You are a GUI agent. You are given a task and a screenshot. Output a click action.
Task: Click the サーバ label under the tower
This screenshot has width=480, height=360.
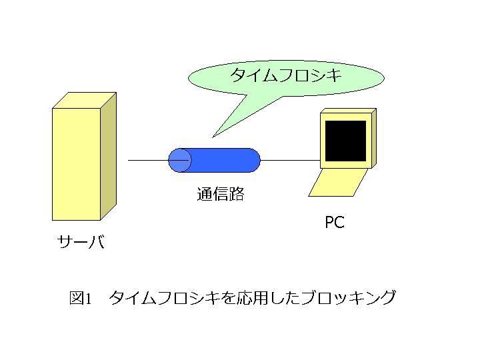coord(81,241)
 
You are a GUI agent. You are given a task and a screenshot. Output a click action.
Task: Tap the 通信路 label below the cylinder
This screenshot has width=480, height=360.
coord(221,194)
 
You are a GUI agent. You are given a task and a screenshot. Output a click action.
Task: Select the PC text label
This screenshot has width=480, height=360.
coord(335,222)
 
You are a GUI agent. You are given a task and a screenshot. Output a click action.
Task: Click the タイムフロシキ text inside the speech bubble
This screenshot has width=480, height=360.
coord(285,75)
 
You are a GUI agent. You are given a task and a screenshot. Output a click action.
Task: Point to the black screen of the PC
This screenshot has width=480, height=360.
coord(345,141)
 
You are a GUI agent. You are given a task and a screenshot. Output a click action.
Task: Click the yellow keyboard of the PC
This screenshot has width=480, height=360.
coord(338,183)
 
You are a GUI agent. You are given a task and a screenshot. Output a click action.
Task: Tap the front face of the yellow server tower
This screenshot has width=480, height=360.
coord(77,164)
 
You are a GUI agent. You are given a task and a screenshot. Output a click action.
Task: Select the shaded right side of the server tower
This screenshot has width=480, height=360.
coord(109,156)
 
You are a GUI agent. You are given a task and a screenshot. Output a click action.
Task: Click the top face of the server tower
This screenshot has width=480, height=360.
coord(85,100)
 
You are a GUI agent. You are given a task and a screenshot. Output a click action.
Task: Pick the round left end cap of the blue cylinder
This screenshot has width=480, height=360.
coord(180,160)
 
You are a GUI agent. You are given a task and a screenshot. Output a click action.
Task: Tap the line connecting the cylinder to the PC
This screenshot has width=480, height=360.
coord(290,160)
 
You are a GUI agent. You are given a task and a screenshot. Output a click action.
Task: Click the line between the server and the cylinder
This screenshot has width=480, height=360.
coord(148,160)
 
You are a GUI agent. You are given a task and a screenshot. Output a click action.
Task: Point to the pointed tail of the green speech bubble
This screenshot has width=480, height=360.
coord(213,137)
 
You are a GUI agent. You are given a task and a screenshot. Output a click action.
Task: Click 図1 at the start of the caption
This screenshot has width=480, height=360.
coord(81,298)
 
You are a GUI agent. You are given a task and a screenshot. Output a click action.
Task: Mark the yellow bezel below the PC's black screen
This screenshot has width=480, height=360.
coord(345,165)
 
